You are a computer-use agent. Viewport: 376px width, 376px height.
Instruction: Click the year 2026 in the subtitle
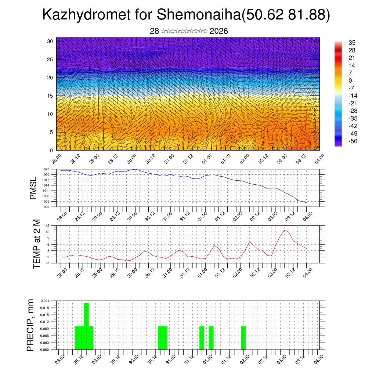coord(219,31)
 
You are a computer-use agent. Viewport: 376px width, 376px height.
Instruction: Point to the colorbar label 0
coord(350,80)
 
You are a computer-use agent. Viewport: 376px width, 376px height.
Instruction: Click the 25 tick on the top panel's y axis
coord(50,59)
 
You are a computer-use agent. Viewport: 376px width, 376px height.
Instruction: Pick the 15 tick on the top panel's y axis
coord(50,96)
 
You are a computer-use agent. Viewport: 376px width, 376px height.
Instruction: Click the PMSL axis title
coord(33,188)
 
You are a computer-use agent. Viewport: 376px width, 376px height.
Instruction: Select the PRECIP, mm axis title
coord(30,325)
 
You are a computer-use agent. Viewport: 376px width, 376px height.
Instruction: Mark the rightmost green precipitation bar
coord(243,338)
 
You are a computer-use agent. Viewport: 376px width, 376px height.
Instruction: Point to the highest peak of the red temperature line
coord(285,230)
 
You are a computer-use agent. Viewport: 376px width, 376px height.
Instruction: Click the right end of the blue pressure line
coord(306,202)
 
